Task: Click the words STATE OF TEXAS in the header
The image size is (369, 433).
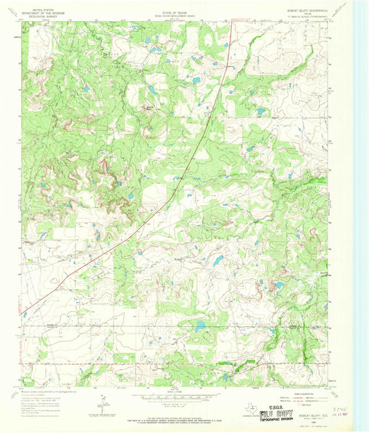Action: tap(178, 5)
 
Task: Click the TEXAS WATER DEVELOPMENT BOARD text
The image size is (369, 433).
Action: tap(178, 9)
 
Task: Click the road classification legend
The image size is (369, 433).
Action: tap(305, 396)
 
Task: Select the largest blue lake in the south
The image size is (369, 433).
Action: tap(200, 326)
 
